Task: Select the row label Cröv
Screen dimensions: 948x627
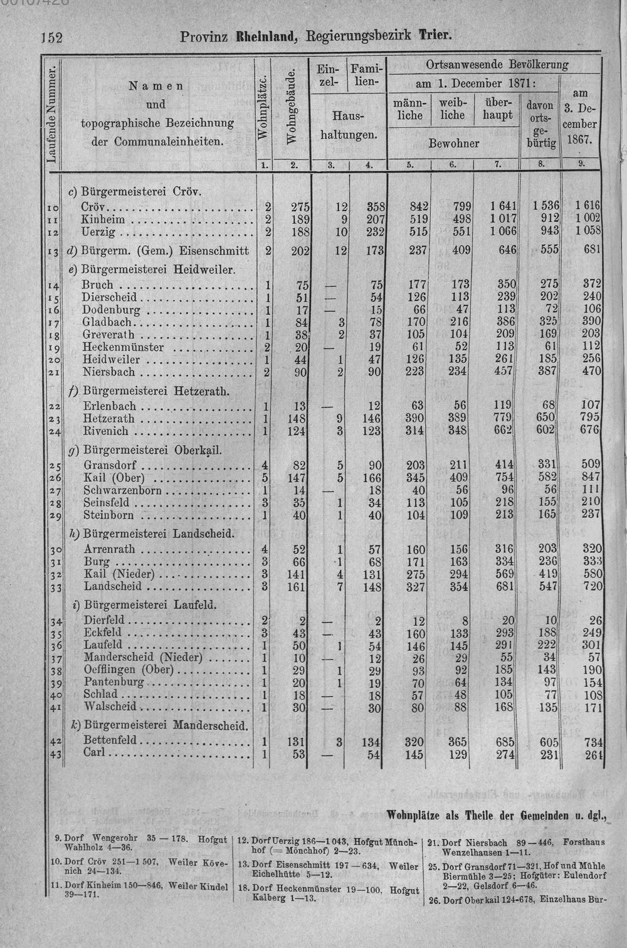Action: click(95, 208)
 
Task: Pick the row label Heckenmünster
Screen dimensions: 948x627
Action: click(123, 347)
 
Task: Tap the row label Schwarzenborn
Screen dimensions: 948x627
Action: click(122, 490)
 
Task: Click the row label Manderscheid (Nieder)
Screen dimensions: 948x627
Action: click(143, 657)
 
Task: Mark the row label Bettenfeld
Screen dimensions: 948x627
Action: click(110, 740)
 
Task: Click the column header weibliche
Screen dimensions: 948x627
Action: click(452, 108)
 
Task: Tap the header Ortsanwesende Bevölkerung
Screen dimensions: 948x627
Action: click(497, 64)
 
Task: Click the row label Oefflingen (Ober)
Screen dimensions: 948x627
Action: click(128, 669)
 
